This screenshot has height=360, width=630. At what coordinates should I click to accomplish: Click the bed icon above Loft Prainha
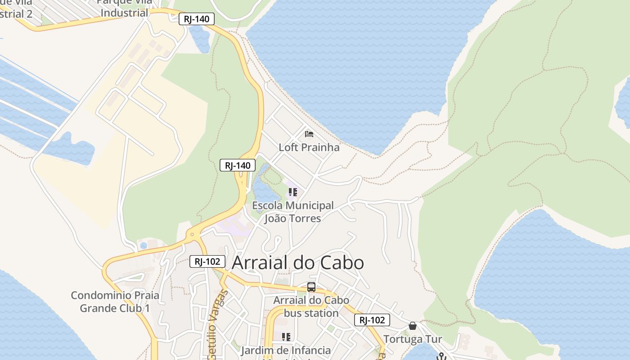[x=309, y=134]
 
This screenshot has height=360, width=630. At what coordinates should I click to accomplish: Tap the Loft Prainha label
[x=309, y=147]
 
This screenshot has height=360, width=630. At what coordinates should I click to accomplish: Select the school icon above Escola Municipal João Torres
[x=293, y=193]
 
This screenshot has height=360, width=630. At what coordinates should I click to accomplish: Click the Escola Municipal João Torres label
[x=293, y=212]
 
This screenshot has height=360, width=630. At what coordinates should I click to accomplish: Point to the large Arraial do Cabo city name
[x=297, y=263]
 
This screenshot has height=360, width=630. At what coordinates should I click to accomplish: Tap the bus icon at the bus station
[x=311, y=287]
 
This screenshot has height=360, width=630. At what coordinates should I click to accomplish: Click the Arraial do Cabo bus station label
[x=311, y=306]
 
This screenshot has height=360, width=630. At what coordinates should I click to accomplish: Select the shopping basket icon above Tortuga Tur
[x=412, y=326]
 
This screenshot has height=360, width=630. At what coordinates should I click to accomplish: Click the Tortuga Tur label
[x=412, y=339]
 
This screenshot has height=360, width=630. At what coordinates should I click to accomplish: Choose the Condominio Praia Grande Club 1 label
[x=115, y=302]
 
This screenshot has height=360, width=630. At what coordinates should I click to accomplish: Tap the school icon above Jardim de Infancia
[x=286, y=337]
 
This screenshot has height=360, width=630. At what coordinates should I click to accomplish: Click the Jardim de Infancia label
[x=286, y=350]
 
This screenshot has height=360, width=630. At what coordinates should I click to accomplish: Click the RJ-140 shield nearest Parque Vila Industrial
[x=197, y=19]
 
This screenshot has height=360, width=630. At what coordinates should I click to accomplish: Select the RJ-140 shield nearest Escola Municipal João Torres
[x=238, y=165]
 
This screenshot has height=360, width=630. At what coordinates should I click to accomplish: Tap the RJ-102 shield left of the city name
[x=207, y=261]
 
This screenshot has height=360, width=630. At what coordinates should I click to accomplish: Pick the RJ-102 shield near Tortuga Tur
[x=372, y=320]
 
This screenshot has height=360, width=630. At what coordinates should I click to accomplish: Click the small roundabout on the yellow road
[x=192, y=234]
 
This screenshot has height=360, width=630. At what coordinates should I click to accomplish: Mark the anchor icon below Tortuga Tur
[x=441, y=356]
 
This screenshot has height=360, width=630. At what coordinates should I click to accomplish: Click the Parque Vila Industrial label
[x=124, y=8]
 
